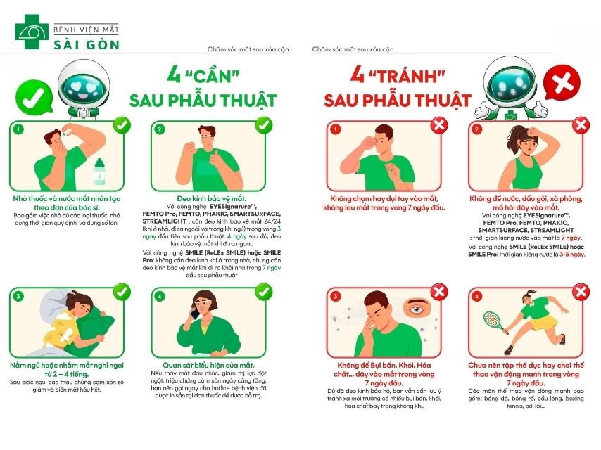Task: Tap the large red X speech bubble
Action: coord(562,85)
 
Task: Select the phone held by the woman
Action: coord(195,314)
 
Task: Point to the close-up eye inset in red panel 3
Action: coord(419,307)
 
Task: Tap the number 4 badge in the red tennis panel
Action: coord(478,296)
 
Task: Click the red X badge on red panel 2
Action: coord(581,126)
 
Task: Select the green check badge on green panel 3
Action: coord(120,290)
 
